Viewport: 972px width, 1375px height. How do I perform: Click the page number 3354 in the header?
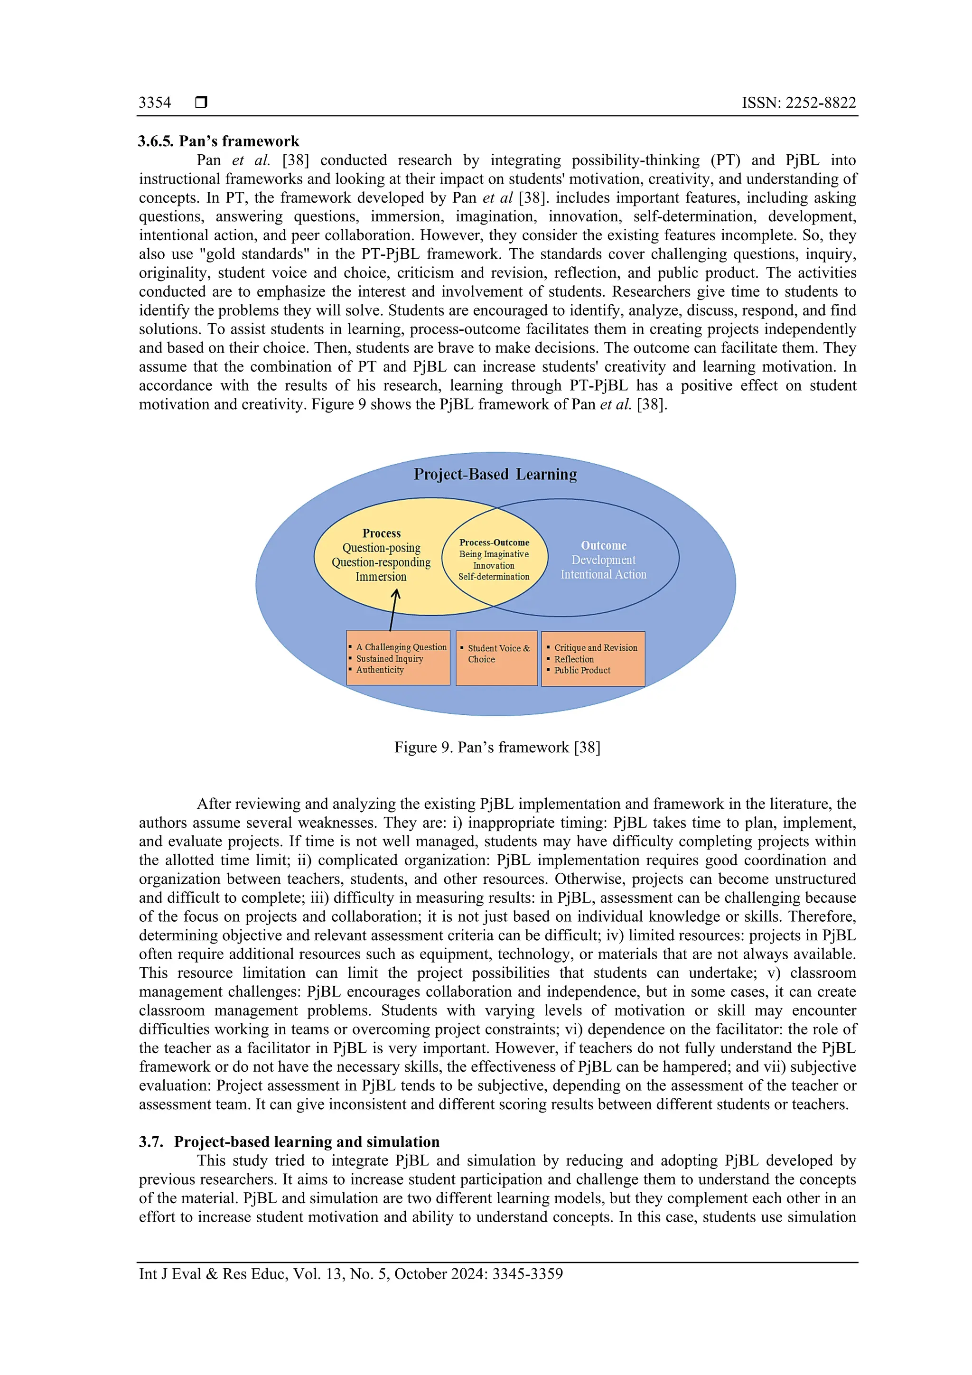click(x=155, y=103)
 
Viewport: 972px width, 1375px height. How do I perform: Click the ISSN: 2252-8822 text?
click(x=798, y=103)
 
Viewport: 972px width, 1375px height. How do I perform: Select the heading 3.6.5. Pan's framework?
click(x=219, y=141)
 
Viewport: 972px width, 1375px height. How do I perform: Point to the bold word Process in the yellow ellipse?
click(x=382, y=533)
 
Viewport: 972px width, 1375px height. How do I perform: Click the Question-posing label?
click(x=381, y=548)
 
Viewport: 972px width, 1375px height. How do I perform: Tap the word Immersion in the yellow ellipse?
click(x=381, y=577)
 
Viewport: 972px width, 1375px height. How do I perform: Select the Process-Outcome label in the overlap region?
click(x=494, y=543)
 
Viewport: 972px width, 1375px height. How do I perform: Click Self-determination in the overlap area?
click(x=494, y=577)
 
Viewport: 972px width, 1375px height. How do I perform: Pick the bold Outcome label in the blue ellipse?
click(x=603, y=545)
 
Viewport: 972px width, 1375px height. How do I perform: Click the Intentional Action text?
click(x=603, y=574)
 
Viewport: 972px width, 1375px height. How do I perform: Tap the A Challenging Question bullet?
click(x=401, y=647)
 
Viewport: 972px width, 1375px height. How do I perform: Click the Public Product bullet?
click(x=581, y=671)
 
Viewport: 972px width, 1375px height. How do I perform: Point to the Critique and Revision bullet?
click(x=595, y=648)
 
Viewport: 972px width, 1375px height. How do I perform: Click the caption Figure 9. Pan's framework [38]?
click(x=497, y=748)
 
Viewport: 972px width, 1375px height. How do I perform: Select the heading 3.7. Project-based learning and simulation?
click(x=289, y=1141)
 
